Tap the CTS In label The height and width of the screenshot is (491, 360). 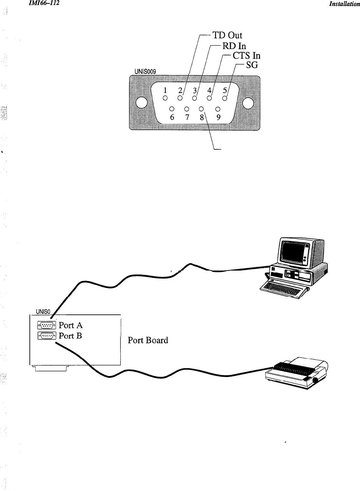coord(246,56)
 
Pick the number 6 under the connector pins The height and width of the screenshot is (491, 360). coord(172,118)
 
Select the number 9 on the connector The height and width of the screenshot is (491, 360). coord(218,117)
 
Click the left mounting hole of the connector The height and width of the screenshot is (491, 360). coord(141,103)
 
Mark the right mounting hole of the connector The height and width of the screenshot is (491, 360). coord(248,103)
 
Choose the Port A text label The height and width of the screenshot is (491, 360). coord(71,325)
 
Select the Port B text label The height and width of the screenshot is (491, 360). coord(70,336)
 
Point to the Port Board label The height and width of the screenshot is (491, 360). coord(148,341)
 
